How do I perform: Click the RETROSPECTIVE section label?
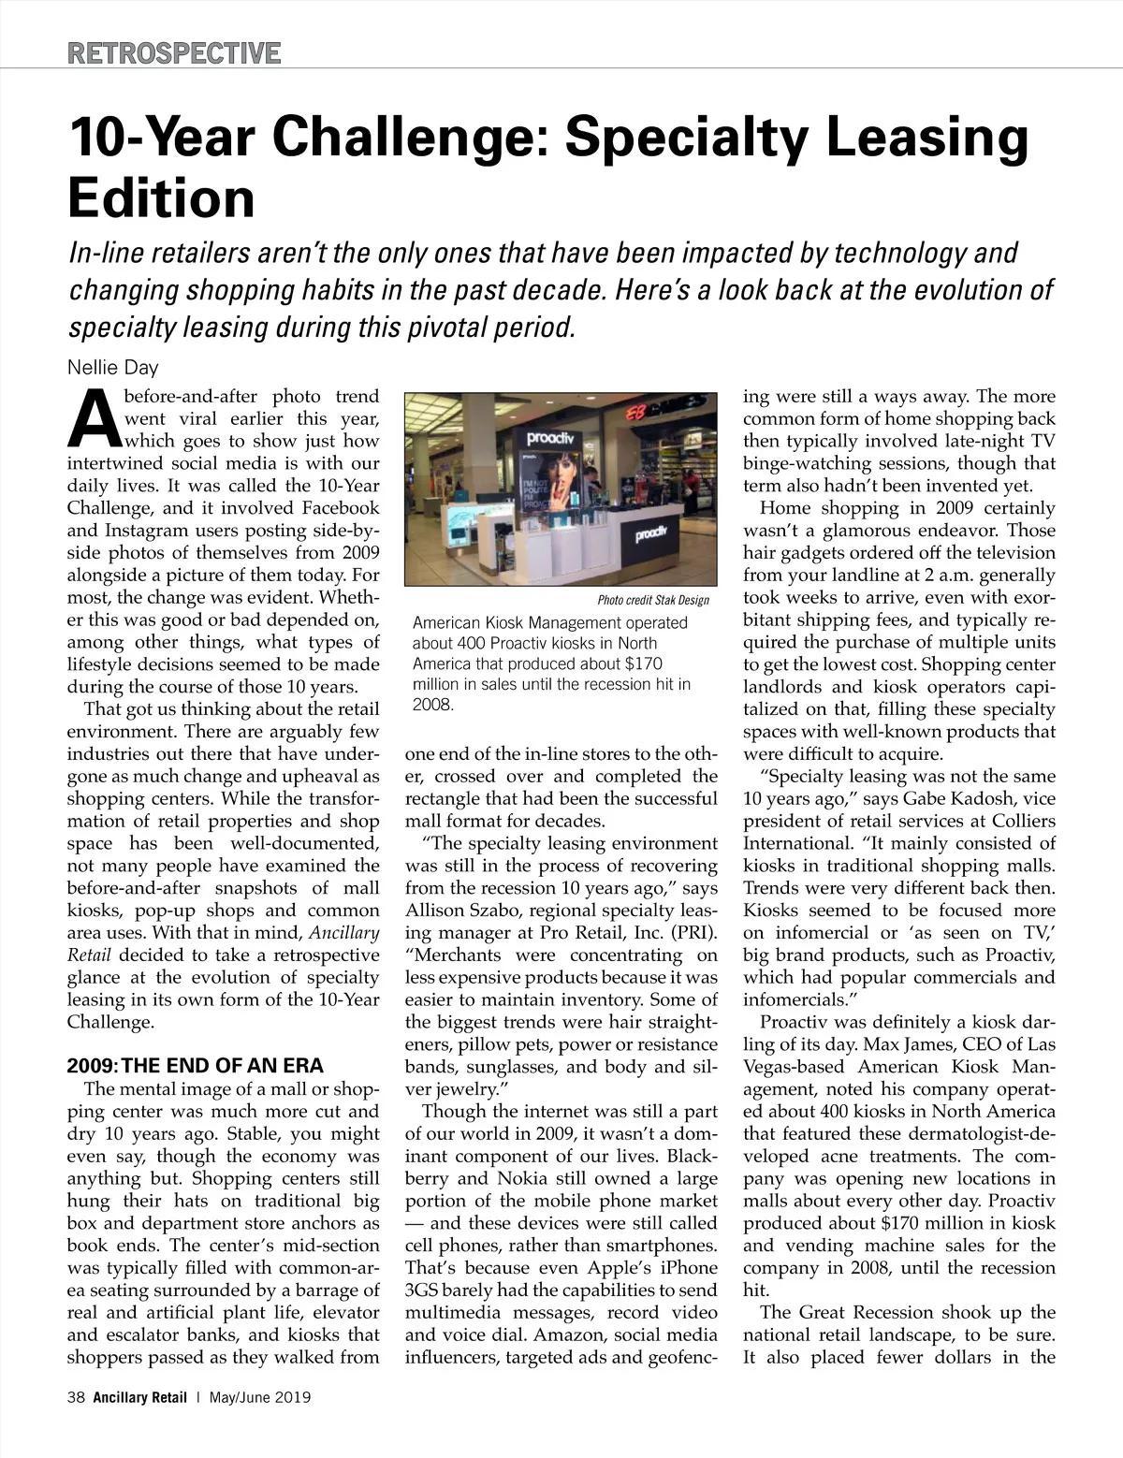pyautogui.click(x=174, y=52)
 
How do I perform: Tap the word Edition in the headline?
pyautogui.click(x=162, y=197)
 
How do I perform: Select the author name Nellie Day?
pyautogui.click(x=113, y=367)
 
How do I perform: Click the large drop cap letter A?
pyautogui.click(x=94, y=418)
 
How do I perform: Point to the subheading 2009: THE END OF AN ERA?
pyautogui.click(x=196, y=1066)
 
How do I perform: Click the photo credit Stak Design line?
pyautogui.click(x=653, y=600)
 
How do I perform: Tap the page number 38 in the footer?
pyautogui.click(x=76, y=1398)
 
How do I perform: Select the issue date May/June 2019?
pyautogui.click(x=260, y=1398)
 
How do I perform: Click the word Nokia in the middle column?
pyautogui.click(x=529, y=1178)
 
